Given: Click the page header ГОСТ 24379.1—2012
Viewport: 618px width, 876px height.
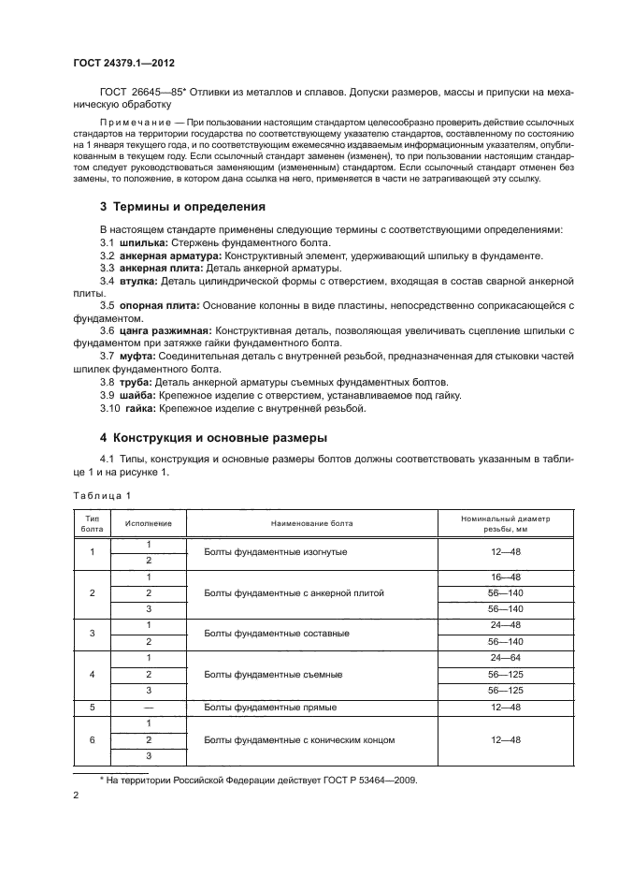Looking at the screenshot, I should [124, 64].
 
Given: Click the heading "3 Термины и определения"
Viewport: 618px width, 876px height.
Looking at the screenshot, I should [182, 206].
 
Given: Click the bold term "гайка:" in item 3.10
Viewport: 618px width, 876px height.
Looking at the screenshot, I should [140, 407].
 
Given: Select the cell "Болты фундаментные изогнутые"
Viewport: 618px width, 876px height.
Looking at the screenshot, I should [276, 552].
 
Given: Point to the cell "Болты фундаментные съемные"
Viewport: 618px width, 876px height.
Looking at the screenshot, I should [273, 674].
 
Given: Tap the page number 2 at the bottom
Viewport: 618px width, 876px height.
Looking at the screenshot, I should [76, 796].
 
